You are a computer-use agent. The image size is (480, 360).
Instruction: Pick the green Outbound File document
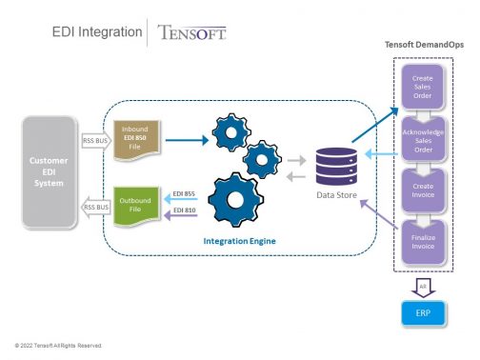pos(135,201)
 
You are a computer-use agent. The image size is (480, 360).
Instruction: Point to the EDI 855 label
pos(183,193)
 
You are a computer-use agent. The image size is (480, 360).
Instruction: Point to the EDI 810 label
pos(183,210)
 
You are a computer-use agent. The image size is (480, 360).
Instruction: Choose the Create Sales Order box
pos(422,84)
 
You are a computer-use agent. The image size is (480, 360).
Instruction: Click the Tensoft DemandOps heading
pos(424,44)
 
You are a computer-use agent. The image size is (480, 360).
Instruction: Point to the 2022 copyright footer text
pos(57,344)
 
